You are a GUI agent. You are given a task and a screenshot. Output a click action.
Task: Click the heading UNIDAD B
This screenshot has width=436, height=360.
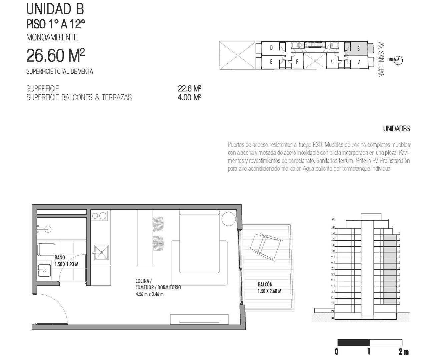click(55, 9)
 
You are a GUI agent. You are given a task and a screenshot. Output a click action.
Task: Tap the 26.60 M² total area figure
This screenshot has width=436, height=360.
click(55, 55)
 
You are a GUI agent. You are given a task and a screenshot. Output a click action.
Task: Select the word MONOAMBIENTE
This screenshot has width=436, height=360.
click(52, 37)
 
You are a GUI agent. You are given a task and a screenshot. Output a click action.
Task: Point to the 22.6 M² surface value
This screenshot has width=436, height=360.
click(189, 89)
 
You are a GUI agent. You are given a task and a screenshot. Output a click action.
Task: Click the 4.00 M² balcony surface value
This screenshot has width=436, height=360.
click(189, 97)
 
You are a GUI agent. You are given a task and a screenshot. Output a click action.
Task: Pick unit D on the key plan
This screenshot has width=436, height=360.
click(271, 48)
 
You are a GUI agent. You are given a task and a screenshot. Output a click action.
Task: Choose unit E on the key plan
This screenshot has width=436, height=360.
click(271, 62)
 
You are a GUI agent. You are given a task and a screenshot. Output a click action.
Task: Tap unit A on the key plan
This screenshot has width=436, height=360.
click(359, 62)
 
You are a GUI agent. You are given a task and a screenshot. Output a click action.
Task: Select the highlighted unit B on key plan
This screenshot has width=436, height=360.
click(358, 48)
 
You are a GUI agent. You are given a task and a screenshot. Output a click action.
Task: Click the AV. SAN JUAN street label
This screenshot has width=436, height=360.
click(381, 60)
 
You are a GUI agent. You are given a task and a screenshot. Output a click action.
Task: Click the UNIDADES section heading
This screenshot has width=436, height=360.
click(396, 129)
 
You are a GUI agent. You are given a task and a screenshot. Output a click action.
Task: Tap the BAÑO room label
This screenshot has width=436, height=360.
click(60, 258)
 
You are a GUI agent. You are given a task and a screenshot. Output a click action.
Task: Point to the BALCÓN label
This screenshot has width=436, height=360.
click(265, 284)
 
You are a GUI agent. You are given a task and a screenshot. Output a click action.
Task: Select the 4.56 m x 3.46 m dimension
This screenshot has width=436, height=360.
click(149, 294)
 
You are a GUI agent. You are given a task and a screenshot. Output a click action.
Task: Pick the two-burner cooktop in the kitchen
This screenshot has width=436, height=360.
click(99, 216)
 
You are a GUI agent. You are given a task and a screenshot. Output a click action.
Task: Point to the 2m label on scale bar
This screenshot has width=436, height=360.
click(404, 351)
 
